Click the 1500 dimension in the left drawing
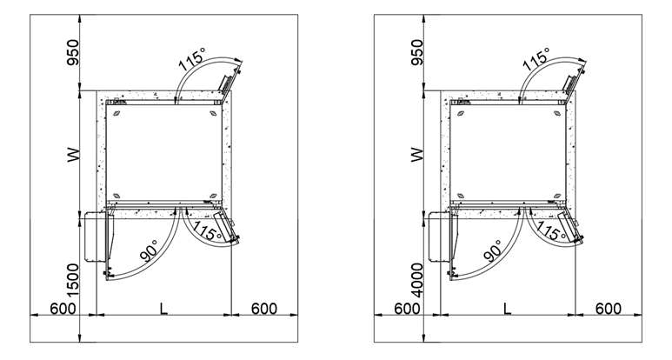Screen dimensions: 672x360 (x=73, y=280)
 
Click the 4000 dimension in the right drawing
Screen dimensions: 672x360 (x=417, y=280)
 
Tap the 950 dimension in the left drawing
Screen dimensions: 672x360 (x=73, y=52)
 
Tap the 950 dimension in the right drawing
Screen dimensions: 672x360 (x=417, y=52)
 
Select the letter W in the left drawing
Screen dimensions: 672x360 (x=73, y=155)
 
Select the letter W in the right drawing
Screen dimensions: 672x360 (x=417, y=155)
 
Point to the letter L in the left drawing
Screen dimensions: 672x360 (x=163, y=309)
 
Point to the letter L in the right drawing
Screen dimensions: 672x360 (x=508, y=309)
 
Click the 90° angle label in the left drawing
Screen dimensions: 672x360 (x=150, y=250)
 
